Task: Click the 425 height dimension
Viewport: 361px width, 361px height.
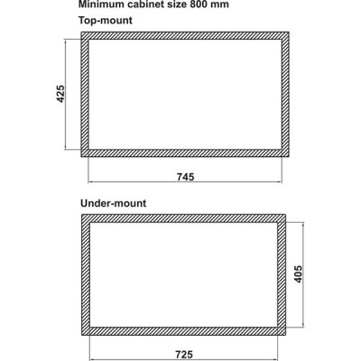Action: (60, 94)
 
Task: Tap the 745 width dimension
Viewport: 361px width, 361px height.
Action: (185, 177)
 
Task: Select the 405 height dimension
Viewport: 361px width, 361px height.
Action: (298, 273)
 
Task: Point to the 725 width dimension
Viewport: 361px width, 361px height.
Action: (184, 355)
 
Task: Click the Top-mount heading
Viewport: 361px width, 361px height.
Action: (106, 21)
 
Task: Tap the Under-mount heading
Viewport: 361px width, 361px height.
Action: (113, 203)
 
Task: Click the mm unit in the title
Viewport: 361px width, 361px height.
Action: (220, 5)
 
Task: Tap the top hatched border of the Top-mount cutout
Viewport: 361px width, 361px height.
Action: (185, 35)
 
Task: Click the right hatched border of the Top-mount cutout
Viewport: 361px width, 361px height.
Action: (285, 94)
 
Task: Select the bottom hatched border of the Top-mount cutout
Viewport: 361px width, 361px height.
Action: (185, 153)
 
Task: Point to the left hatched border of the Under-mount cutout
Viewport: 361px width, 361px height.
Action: (86, 274)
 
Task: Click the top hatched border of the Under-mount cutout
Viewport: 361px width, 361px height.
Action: (183, 218)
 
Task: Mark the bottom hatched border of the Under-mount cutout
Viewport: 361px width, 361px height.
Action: (183, 331)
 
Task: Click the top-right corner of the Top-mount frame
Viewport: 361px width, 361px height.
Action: (289, 32)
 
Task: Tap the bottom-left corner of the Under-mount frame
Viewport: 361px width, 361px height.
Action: (82, 335)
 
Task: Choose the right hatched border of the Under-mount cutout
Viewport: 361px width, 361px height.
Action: (282, 274)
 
